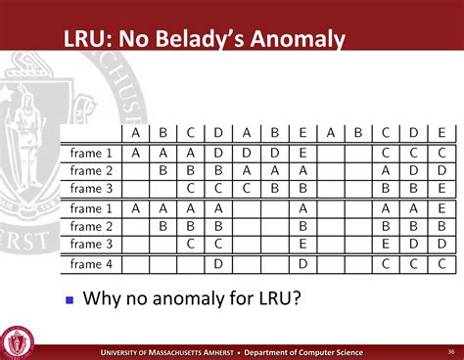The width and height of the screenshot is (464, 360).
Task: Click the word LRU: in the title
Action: tap(90, 39)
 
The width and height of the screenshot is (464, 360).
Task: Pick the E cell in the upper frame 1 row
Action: tap(303, 153)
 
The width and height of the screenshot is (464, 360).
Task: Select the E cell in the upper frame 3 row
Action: tap(442, 189)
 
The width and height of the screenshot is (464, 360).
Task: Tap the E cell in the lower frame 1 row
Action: tap(442, 208)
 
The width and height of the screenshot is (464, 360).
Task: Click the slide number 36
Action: tap(451, 350)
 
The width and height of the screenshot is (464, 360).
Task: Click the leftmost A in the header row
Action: tap(136, 133)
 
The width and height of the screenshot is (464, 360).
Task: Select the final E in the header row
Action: tap(442, 133)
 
